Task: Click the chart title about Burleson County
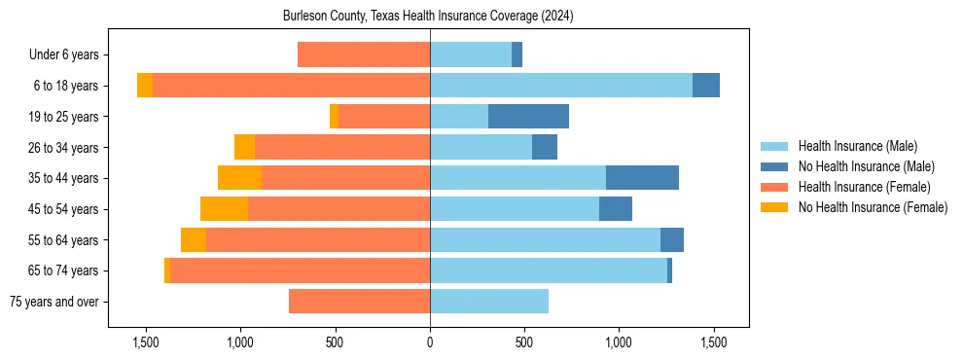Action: tap(429, 17)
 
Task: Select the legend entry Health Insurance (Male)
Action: tap(857, 146)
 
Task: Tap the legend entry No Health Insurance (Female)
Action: tap(873, 207)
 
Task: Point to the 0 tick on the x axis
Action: tap(430, 342)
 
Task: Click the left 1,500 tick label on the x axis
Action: tap(146, 342)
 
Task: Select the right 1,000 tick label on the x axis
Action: tap(620, 342)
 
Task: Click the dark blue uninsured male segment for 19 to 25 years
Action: tap(528, 117)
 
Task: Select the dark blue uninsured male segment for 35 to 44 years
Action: tap(642, 178)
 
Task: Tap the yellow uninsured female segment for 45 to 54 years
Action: tap(224, 209)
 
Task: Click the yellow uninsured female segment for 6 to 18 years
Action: tap(145, 86)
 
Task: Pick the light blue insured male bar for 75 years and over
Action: tap(489, 302)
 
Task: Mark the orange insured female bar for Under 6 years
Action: tap(364, 55)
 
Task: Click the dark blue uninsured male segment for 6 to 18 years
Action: tap(706, 86)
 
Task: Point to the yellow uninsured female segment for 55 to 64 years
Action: tap(194, 240)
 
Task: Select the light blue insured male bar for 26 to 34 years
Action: tap(481, 148)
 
